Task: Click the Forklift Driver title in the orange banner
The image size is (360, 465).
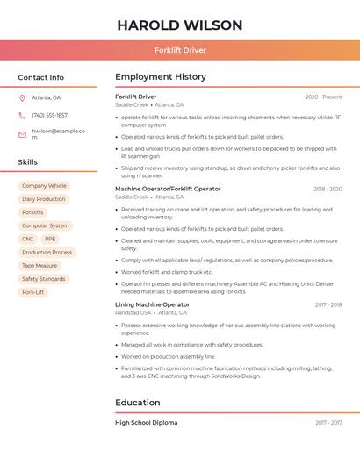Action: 179,50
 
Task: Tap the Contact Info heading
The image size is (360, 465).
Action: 41,77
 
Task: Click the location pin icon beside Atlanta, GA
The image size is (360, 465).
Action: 22,97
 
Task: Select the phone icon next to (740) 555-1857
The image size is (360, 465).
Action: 22,115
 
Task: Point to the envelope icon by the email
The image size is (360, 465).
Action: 22,134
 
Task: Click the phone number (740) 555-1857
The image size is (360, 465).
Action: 49,115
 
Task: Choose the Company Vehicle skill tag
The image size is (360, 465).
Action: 44,186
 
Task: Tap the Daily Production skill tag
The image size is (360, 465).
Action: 44,199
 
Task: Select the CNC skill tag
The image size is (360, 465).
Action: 28,239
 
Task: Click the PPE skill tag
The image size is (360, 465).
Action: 50,239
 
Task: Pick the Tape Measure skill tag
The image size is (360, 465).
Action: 40,265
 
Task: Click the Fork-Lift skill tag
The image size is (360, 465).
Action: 33,292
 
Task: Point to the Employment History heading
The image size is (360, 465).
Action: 161,77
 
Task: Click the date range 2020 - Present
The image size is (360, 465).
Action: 323,97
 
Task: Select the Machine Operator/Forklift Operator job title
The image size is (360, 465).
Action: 168,189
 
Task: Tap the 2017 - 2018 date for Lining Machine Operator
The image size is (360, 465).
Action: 328,304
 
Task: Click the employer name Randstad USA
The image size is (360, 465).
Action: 133,312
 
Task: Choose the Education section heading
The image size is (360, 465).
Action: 138,403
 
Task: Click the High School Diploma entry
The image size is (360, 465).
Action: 146,423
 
